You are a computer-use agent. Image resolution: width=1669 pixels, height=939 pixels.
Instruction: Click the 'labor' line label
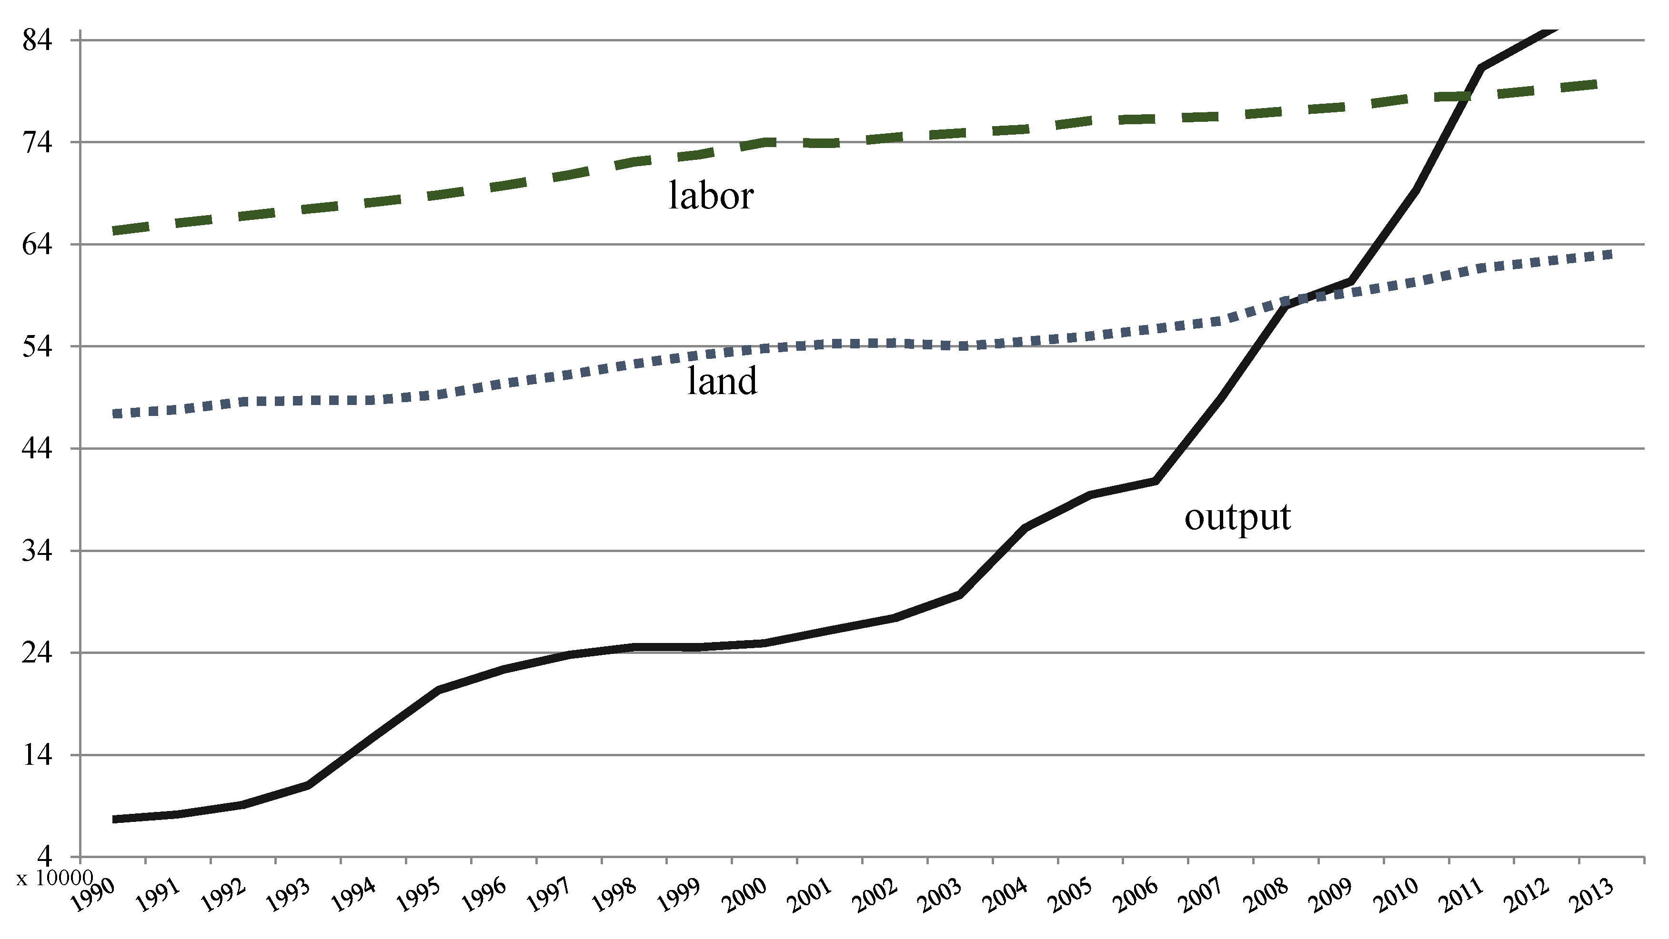(x=711, y=196)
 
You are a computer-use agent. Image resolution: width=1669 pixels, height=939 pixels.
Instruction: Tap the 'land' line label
(x=722, y=381)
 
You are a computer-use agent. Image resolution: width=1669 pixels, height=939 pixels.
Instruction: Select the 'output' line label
(x=1237, y=517)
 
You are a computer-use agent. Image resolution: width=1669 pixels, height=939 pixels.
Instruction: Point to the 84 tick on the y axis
(x=37, y=41)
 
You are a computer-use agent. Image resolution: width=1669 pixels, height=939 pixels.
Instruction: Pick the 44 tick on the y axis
(x=37, y=448)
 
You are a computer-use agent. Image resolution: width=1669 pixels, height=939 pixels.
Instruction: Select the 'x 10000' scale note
(x=55, y=879)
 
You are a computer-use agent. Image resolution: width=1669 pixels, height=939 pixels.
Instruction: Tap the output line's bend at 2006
(x=1155, y=481)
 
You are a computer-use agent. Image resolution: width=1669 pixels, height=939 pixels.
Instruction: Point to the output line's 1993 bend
(x=308, y=785)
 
